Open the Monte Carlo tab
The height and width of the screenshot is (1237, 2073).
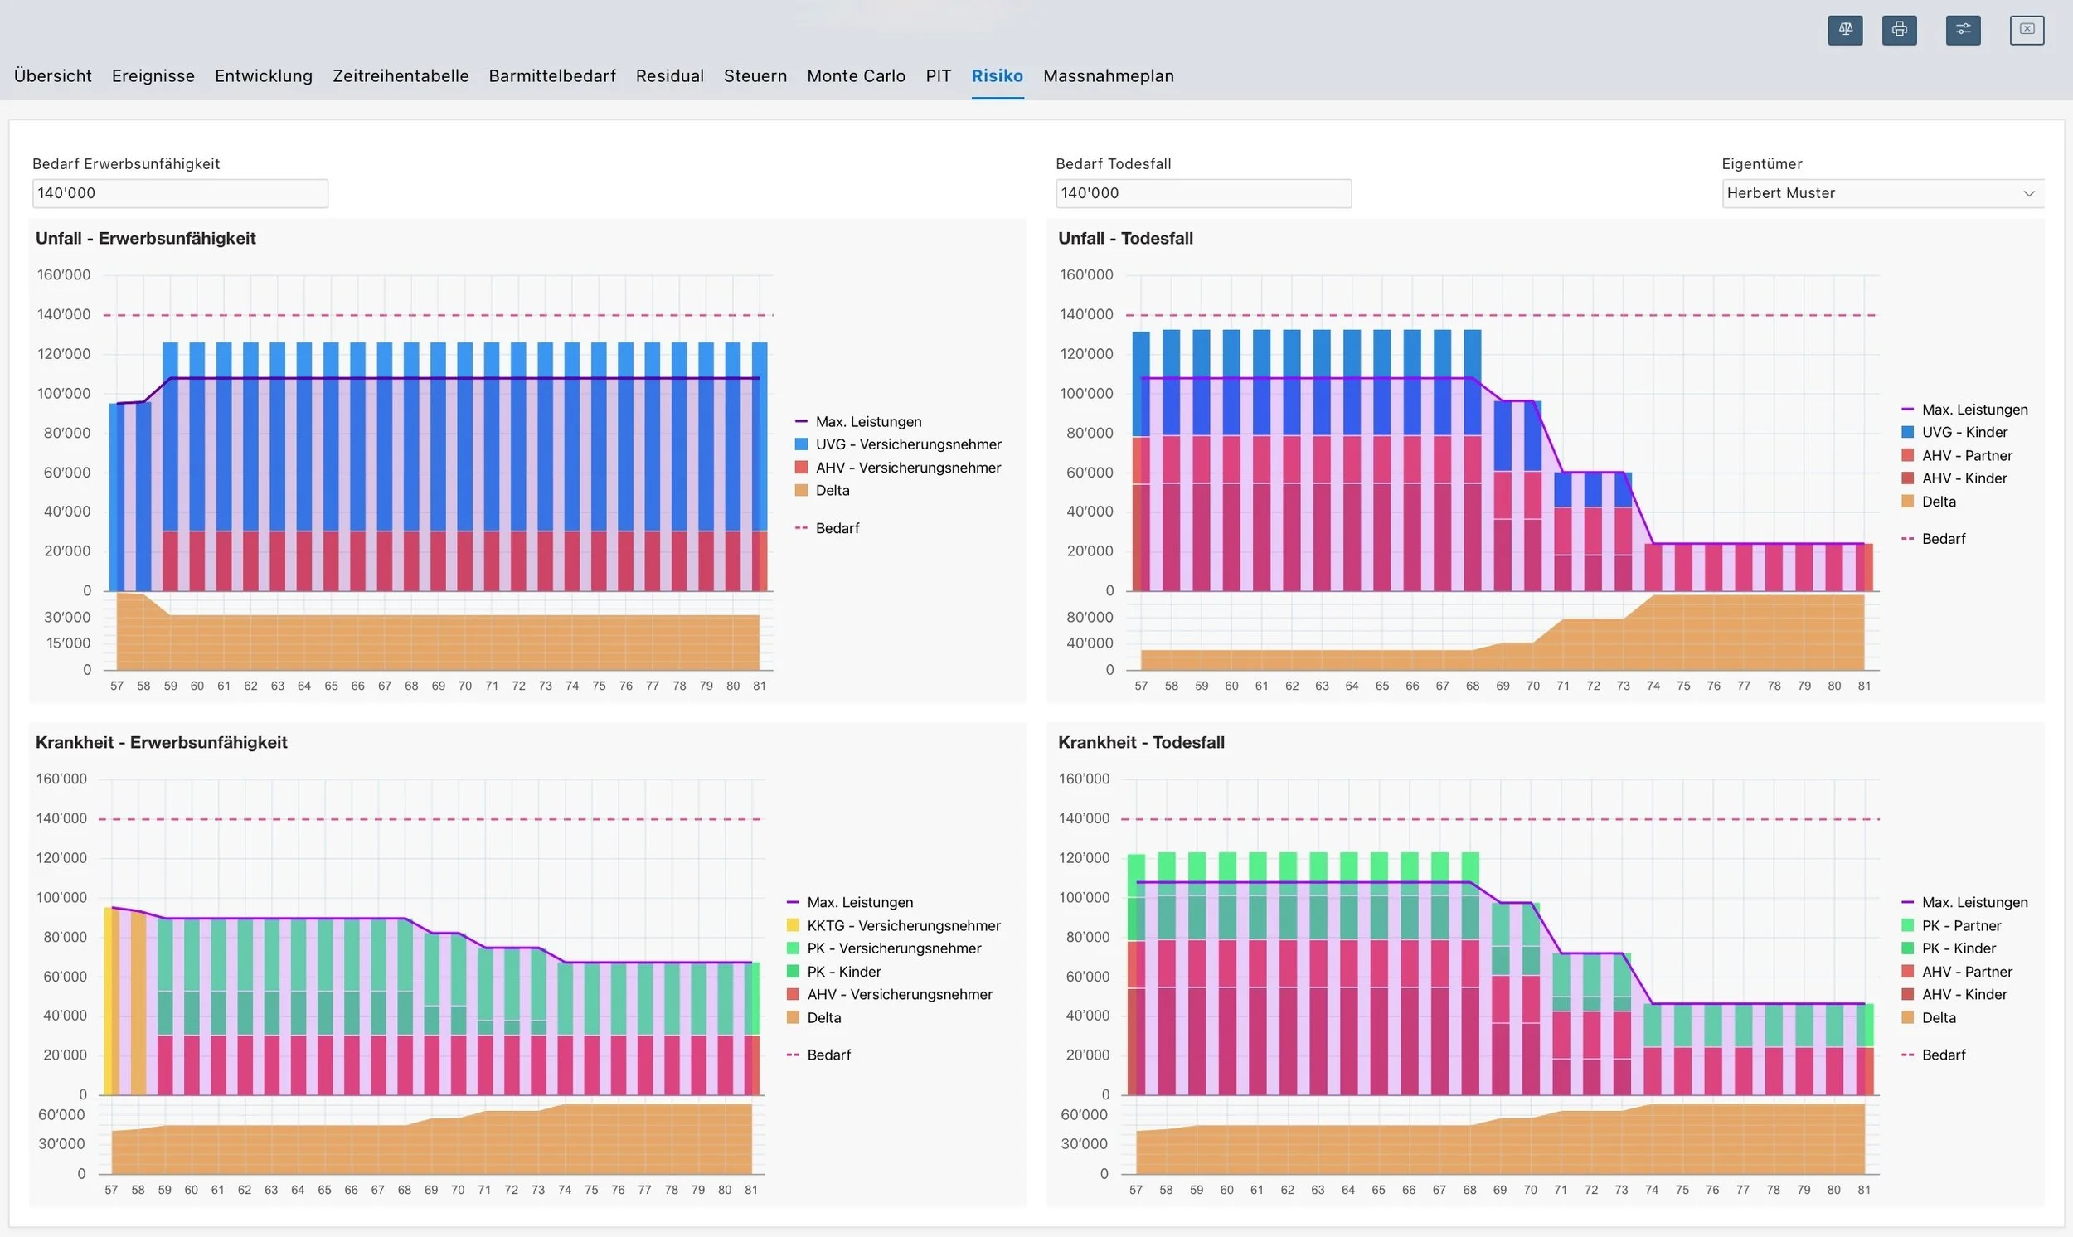[x=856, y=75]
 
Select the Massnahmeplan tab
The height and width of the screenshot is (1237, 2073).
[x=1109, y=75]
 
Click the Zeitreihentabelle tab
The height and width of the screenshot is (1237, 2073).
[x=401, y=75]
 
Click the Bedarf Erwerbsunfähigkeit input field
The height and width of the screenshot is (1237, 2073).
[x=180, y=193]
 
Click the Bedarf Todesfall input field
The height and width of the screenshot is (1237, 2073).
[x=1204, y=193]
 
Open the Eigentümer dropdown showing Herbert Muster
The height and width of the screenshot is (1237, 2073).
[x=1883, y=193]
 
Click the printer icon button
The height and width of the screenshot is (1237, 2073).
[x=1900, y=30]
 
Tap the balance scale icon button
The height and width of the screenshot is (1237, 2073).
[x=1846, y=30]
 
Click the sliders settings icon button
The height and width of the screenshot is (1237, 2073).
[x=1964, y=30]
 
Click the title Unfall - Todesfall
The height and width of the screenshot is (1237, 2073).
[x=1125, y=239]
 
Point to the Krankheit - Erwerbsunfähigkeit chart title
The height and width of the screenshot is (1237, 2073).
[x=161, y=743]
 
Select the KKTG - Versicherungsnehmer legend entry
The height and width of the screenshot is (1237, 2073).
[x=894, y=925]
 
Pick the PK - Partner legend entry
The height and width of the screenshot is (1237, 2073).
[x=1951, y=925]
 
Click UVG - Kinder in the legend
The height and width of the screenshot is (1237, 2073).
[x=1954, y=432]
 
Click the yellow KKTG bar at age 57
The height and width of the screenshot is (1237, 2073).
[x=109, y=1000]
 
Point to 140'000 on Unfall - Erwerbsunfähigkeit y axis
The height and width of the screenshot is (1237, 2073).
[x=63, y=314]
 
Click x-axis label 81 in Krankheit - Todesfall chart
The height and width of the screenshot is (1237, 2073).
[x=1865, y=1190]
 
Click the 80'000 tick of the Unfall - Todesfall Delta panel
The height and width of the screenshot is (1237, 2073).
[x=1090, y=617]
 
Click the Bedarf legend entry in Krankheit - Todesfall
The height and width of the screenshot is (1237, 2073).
[x=1934, y=1055]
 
